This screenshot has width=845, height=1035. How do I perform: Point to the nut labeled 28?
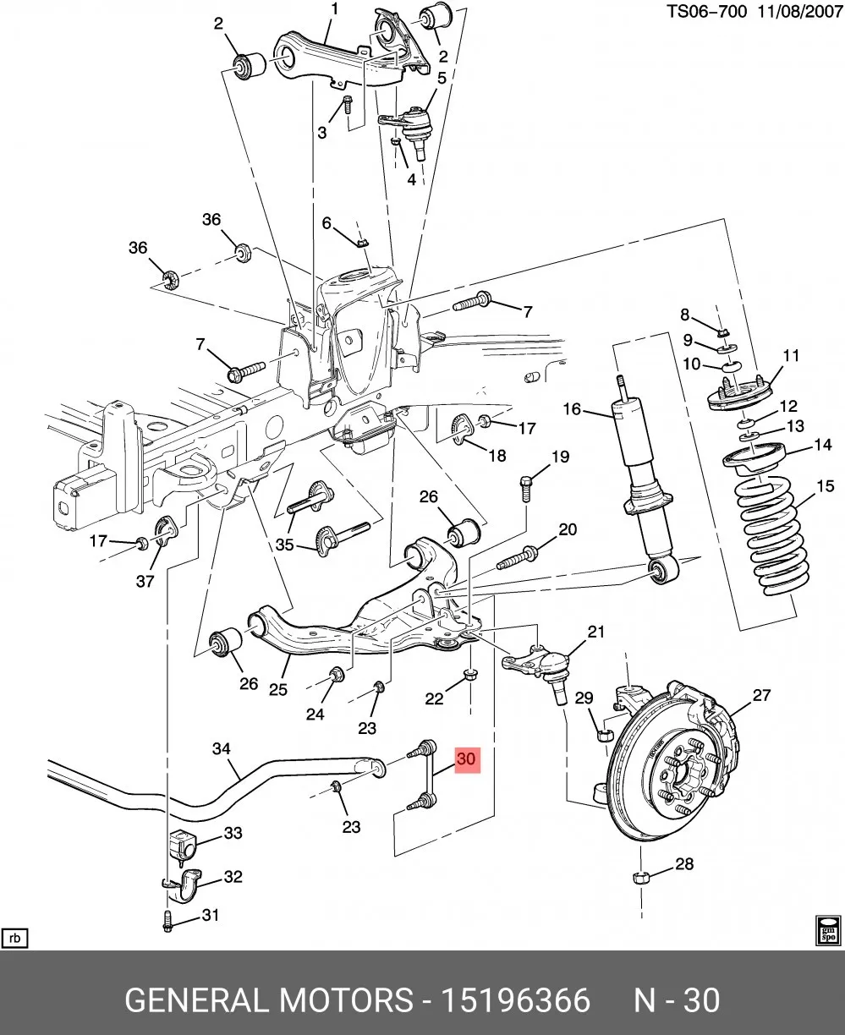coord(639,877)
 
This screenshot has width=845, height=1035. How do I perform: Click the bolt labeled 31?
coord(168,921)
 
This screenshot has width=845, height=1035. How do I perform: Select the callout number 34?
coord(222,749)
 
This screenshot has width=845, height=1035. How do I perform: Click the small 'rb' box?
coord(14,939)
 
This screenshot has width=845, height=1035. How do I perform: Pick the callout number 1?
coord(335,8)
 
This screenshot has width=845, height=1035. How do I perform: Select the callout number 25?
coord(278,689)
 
